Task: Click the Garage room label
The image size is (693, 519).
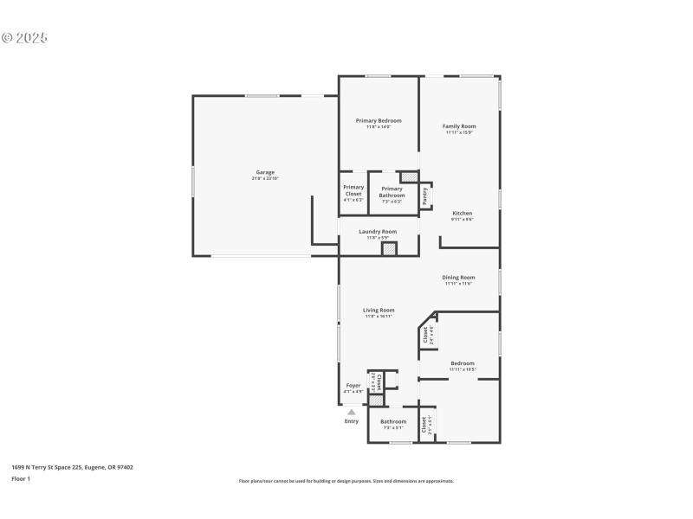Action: point(264,172)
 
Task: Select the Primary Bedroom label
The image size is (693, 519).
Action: point(378,120)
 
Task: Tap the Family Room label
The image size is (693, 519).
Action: point(459,126)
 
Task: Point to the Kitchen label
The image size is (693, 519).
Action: point(462,213)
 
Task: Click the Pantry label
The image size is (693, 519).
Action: point(425,196)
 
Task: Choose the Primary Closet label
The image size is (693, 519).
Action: point(353,190)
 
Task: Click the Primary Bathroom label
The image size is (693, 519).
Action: point(392,192)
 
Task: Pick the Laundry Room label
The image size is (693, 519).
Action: point(378,231)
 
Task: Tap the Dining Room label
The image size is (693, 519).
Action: point(458,278)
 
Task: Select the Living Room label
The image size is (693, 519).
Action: point(379,310)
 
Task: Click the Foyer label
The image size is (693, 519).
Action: point(353,386)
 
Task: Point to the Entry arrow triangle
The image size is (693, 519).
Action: point(352,413)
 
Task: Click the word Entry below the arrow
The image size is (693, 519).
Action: point(352,421)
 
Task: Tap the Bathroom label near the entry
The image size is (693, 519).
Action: point(393,421)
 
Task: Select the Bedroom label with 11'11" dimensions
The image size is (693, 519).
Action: point(462,363)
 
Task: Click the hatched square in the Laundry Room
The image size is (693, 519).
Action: point(390,249)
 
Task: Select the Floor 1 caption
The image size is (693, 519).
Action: point(21,478)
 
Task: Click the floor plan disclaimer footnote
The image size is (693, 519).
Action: point(346,481)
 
